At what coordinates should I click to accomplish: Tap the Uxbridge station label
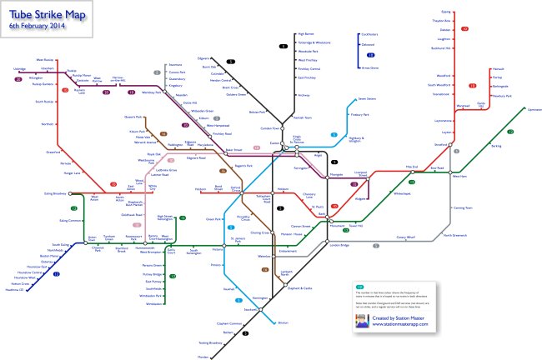(x=21, y=68)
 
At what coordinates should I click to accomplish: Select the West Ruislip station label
(x=45, y=60)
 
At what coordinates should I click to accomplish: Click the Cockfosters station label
(x=369, y=35)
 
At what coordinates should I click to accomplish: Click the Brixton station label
(x=282, y=322)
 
